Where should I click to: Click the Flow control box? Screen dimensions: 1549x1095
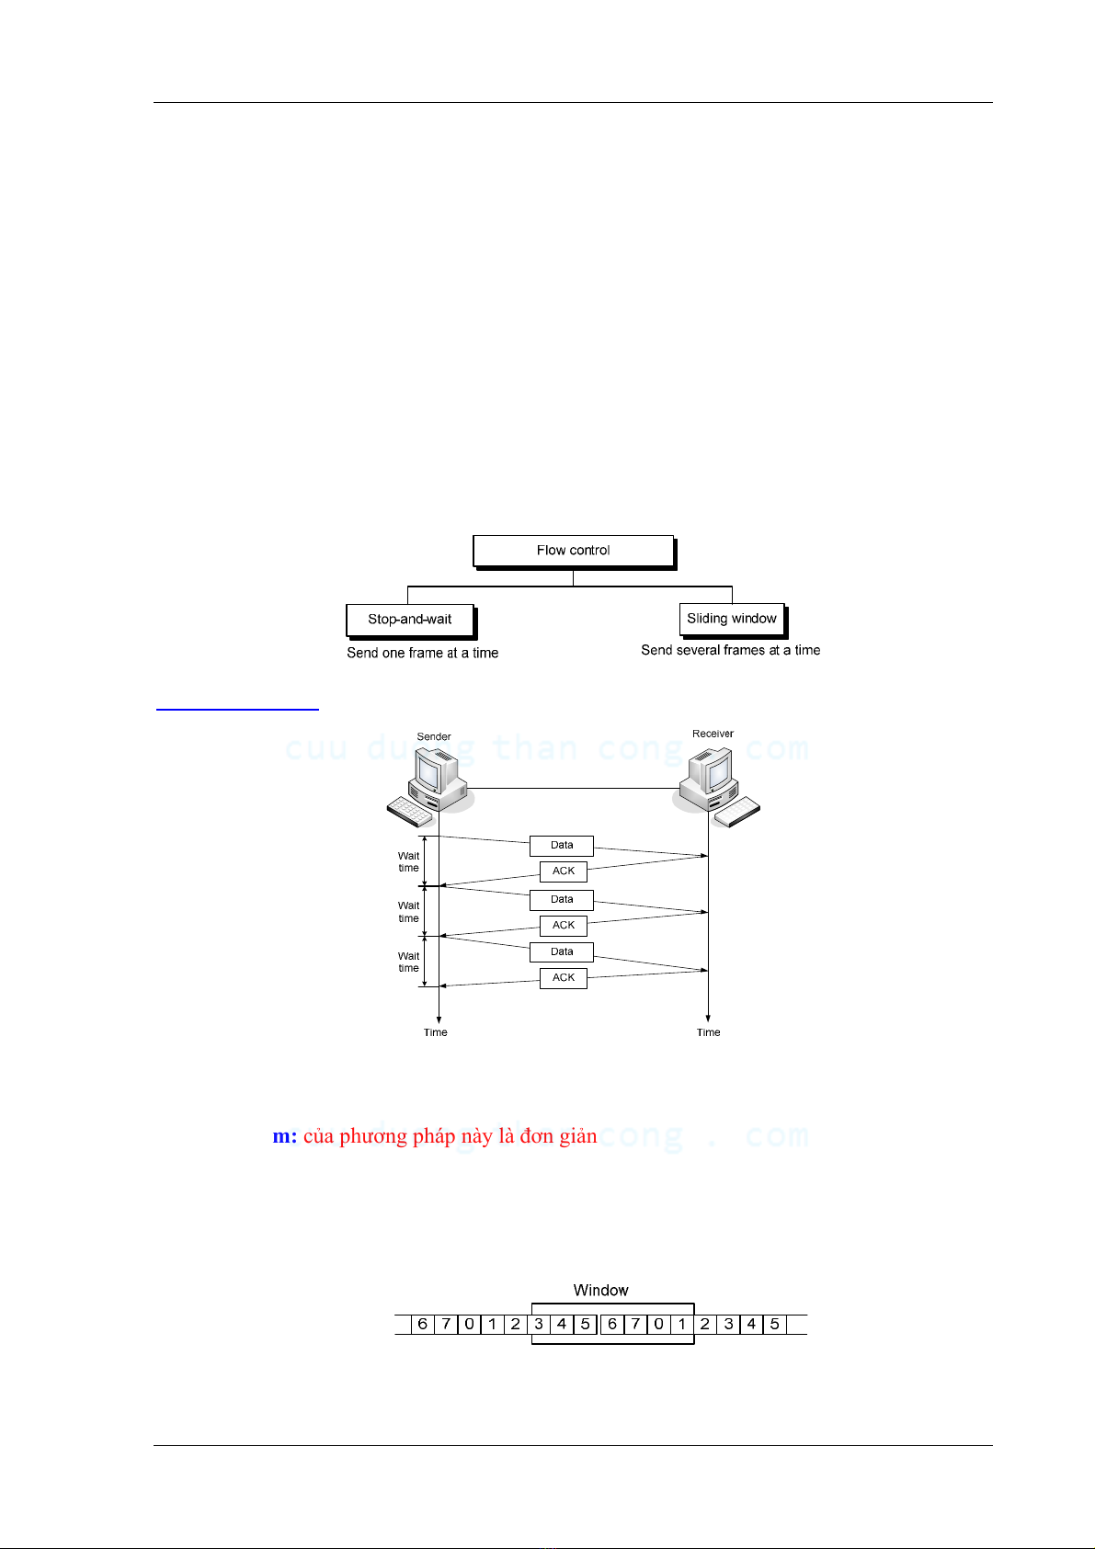(574, 551)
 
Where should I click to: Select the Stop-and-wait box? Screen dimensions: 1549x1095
(410, 620)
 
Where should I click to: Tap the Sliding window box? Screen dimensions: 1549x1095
(732, 619)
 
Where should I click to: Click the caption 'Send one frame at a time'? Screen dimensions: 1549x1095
(423, 653)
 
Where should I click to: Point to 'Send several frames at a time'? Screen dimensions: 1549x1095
(731, 650)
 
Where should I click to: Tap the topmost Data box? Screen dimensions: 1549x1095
(562, 846)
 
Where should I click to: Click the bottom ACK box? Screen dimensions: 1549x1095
(564, 978)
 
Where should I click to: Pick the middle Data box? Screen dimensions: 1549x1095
(562, 900)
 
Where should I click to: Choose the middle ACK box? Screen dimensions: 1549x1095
(564, 926)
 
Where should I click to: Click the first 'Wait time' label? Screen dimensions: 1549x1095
(408, 862)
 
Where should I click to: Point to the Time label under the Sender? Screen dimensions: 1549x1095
(436, 1033)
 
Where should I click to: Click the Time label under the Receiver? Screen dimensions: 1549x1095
(709, 1033)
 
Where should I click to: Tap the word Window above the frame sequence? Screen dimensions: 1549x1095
(601, 1291)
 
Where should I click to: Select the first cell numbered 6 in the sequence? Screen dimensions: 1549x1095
(423, 1325)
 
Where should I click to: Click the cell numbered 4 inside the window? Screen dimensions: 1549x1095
(562, 1325)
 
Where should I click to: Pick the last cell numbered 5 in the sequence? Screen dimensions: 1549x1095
(775, 1325)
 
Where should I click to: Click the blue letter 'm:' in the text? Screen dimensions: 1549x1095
(285, 1137)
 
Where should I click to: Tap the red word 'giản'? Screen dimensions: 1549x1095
(578, 1137)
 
